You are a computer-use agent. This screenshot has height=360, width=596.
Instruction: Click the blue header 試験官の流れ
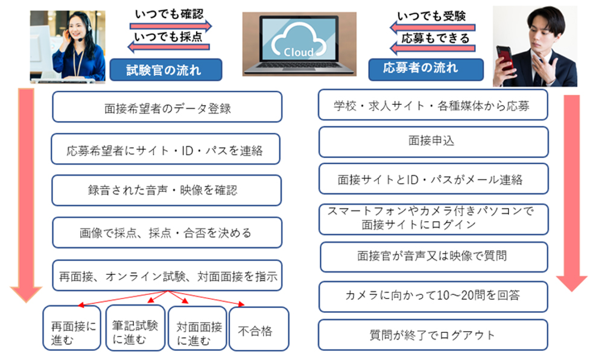tap(166, 70)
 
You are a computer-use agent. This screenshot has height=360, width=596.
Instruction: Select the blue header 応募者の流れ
tap(426, 69)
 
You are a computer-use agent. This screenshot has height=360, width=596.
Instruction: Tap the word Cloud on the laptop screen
tap(299, 52)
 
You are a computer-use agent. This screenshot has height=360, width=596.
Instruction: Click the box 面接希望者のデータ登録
tap(167, 107)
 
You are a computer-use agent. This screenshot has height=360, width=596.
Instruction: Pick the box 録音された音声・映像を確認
tap(166, 190)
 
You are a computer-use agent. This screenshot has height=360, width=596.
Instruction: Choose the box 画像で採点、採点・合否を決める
tap(167, 233)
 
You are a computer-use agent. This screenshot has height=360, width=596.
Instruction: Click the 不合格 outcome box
tap(259, 329)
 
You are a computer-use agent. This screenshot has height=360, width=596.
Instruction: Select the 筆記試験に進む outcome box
tap(135, 327)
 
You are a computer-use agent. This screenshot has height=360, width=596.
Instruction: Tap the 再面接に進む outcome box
tap(72, 327)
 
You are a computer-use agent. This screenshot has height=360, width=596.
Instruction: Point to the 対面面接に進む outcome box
tap(198, 329)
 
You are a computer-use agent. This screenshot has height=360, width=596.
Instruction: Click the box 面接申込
tap(433, 142)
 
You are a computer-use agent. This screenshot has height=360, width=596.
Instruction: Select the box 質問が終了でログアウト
tap(433, 335)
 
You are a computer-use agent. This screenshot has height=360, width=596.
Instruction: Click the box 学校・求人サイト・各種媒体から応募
tap(433, 105)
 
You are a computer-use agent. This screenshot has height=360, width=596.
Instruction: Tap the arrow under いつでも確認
tap(171, 26)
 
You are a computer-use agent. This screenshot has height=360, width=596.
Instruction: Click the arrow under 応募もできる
tap(433, 48)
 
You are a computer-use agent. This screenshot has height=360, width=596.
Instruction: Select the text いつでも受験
tap(431, 16)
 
